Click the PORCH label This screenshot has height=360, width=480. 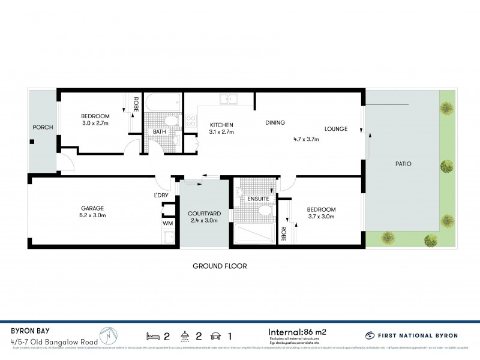tap(43, 127)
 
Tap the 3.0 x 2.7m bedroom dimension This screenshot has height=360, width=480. tap(95, 124)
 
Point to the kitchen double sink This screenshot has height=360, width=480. tap(229, 100)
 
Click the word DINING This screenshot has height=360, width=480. tap(275, 123)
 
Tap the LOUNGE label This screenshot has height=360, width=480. tap(336, 128)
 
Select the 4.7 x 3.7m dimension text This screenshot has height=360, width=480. tap(305, 139)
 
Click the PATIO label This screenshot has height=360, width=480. tap(403, 164)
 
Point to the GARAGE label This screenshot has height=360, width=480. tap(92, 208)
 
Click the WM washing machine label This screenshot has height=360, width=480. tap(167, 224)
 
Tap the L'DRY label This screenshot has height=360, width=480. tap(160, 196)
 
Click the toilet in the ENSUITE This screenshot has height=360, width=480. tap(265, 211)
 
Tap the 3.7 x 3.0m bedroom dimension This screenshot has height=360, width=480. tap(321, 217)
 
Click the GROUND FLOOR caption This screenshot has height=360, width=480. tap(220, 266)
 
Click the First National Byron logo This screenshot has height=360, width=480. tap(409, 336)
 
